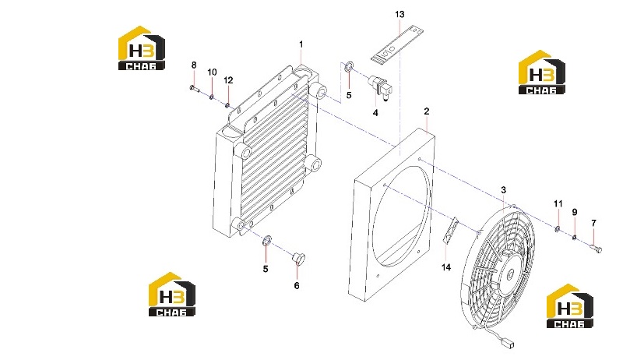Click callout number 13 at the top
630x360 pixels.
[x=399, y=15]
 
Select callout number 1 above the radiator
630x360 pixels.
[x=301, y=44]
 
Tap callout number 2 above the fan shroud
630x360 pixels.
[x=426, y=111]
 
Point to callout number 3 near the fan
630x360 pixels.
[x=503, y=190]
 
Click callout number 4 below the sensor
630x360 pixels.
[x=375, y=113]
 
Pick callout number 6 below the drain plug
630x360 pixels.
[x=297, y=286]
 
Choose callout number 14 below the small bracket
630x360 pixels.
[x=446, y=267]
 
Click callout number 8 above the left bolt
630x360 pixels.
[x=194, y=65]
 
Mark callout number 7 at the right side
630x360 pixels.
[x=593, y=223]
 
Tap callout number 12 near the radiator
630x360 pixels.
[x=228, y=80]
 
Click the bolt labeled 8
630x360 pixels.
[x=194, y=89]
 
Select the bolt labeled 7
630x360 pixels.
[x=596, y=249]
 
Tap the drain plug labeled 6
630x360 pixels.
[x=298, y=257]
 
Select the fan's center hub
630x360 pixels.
[x=511, y=273]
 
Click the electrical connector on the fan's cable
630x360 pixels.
[x=510, y=344]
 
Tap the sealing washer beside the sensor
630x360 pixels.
[x=350, y=66]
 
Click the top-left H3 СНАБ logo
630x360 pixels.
[x=142, y=48]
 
